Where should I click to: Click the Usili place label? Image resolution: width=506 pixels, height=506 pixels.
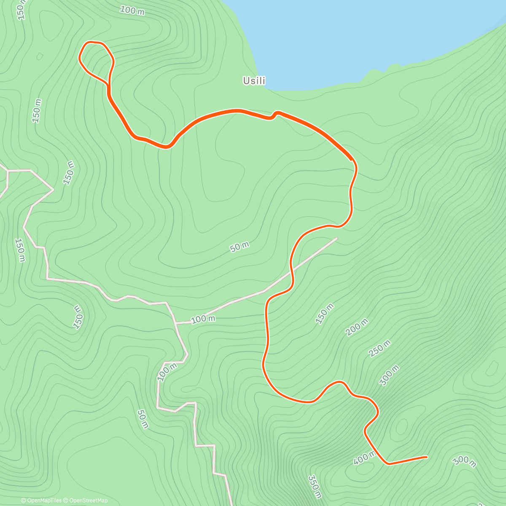(x=254, y=81)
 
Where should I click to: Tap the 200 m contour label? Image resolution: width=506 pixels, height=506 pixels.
(x=357, y=327)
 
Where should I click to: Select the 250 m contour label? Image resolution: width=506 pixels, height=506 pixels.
(x=380, y=348)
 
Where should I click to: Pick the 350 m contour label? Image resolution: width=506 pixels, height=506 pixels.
(x=315, y=486)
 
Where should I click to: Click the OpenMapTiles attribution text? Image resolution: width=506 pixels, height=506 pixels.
(x=41, y=501)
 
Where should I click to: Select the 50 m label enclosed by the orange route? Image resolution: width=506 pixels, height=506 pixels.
(x=240, y=247)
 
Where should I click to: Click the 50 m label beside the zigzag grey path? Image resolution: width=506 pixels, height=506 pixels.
(x=143, y=419)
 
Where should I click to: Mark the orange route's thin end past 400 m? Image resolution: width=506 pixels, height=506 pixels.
(x=427, y=457)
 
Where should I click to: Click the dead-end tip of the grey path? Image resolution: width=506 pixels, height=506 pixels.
(x=336, y=238)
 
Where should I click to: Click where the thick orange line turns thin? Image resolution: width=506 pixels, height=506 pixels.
(x=352, y=160)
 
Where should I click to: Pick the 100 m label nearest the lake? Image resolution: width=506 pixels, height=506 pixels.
(x=132, y=10)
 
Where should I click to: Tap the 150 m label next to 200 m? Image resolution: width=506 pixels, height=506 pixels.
(x=325, y=313)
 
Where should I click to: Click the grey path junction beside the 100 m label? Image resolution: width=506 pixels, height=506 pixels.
(x=175, y=323)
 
